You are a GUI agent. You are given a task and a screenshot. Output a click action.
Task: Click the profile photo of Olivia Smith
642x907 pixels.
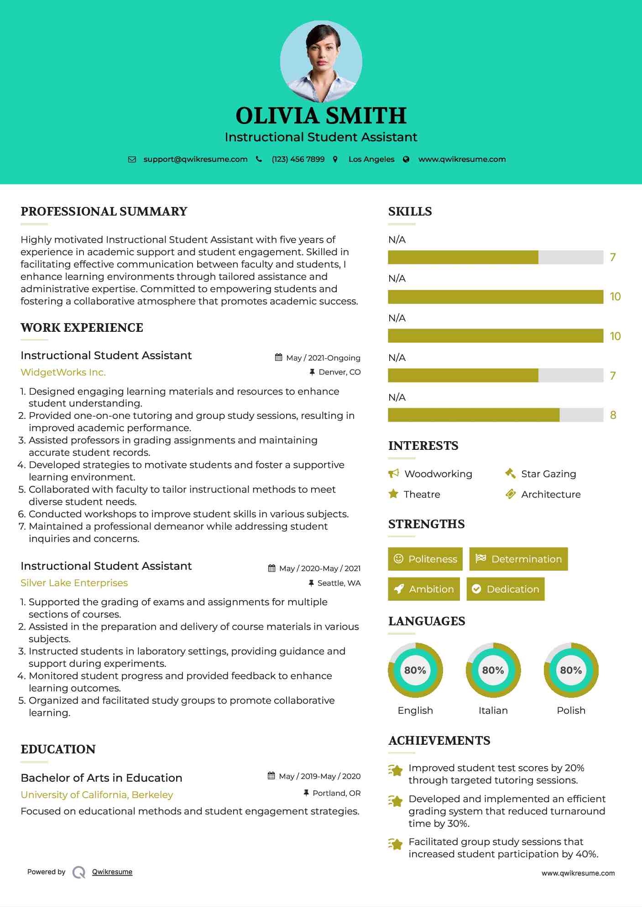(321, 61)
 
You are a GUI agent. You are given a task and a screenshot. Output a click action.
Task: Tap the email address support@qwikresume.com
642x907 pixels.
(195, 160)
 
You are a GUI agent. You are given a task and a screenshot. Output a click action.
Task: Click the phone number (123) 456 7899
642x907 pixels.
(298, 160)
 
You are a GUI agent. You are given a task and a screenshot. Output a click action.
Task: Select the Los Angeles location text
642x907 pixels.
(371, 160)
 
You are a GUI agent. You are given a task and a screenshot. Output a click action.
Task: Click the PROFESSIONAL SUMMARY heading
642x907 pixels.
(104, 211)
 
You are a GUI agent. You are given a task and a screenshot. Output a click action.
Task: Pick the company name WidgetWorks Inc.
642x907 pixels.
(63, 372)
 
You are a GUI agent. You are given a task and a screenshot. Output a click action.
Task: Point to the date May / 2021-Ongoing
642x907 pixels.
(323, 358)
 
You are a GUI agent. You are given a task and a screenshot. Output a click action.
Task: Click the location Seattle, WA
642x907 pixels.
(339, 583)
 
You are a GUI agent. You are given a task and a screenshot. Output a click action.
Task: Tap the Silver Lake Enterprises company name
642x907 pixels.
(74, 583)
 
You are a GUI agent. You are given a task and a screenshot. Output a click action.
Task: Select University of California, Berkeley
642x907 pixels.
(97, 795)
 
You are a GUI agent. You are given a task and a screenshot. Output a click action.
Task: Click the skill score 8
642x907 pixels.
(613, 415)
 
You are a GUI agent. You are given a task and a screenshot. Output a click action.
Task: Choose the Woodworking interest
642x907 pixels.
(438, 474)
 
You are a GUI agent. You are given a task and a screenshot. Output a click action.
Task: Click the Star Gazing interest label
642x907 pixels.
(548, 474)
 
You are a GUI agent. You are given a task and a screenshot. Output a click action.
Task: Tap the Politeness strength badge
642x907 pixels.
(425, 559)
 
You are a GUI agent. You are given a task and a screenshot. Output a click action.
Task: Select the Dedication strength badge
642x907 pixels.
(506, 589)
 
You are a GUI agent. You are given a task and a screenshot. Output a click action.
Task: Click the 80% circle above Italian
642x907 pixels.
(493, 670)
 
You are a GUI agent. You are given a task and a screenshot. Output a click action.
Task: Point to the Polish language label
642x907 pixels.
(571, 711)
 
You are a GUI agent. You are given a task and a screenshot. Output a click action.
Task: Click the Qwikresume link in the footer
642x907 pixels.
(112, 872)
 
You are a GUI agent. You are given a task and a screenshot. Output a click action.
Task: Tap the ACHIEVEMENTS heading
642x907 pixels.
(439, 741)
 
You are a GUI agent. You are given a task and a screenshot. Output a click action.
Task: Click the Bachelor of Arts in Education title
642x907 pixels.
(101, 778)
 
